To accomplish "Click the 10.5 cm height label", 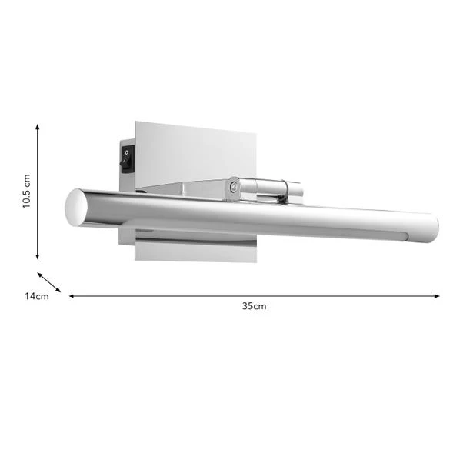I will [x=26, y=192].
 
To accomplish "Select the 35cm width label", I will [x=254, y=306].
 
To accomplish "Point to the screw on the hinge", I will [x=233, y=185].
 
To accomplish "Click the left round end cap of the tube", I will [x=75, y=208].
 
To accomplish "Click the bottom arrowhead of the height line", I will [x=38, y=257].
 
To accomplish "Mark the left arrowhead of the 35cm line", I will [x=72, y=295].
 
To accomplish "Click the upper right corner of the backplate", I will [x=255, y=123].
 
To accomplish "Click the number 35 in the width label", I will [x=248, y=306].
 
